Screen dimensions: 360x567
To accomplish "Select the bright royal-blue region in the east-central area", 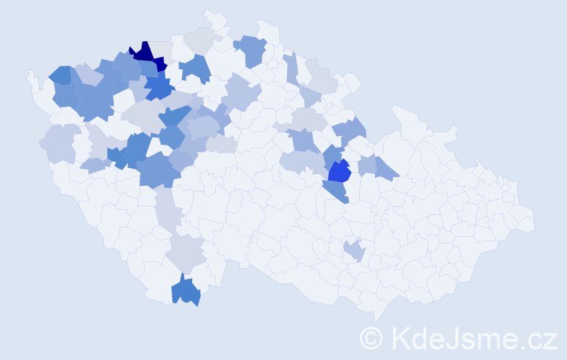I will [x=339, y=171].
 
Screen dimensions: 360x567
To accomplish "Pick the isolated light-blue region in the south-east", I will [x=354, y=251].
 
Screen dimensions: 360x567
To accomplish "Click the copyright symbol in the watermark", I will [x=372, y=337].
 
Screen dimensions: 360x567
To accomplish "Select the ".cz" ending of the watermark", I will [x=538, y=338].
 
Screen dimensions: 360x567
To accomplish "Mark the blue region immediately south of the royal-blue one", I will [x=335, y=192].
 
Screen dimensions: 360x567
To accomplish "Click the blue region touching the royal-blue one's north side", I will [x=332, y=154].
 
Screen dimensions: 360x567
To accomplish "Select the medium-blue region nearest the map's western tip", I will [x=60, y=74].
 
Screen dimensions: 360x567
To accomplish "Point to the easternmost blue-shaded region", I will [x=386, y=168].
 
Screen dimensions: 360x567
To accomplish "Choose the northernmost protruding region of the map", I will [x=212, y=16].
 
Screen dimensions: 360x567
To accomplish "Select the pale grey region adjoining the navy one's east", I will [x=163, y=49].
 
